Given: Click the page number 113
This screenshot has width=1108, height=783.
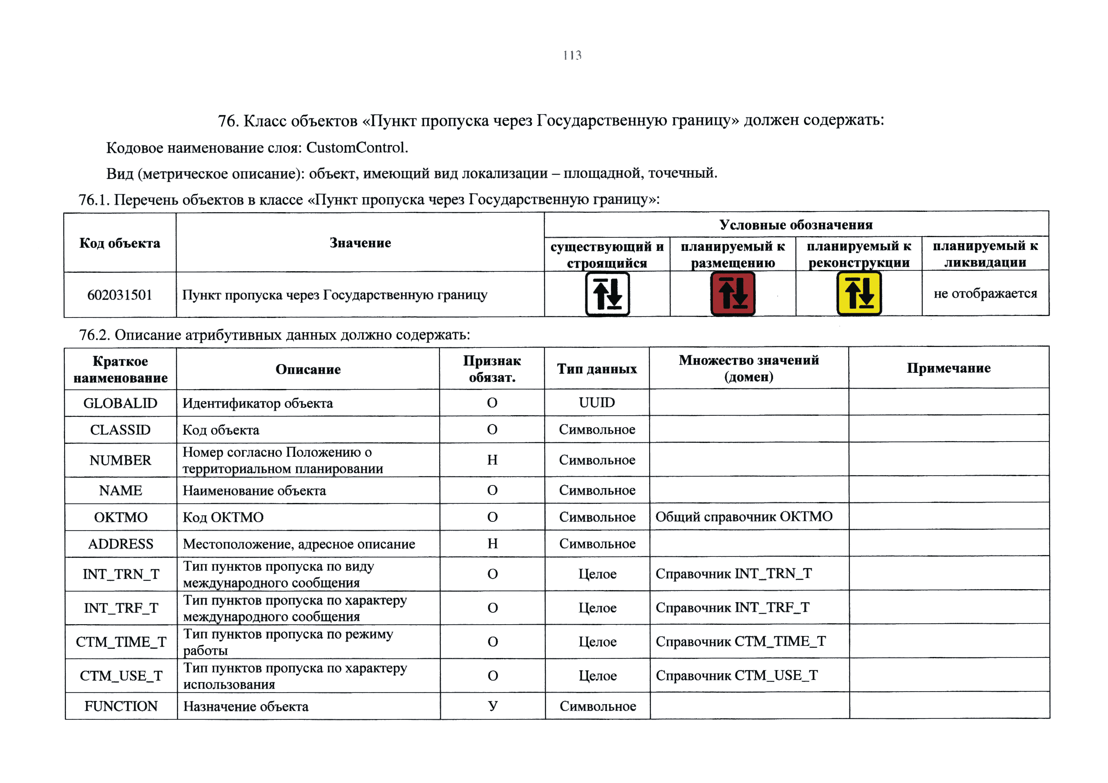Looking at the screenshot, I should pyautogui.click(x=572, y=56).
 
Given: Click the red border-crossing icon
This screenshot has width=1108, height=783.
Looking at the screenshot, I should pyautogui.click(x=732, y=294).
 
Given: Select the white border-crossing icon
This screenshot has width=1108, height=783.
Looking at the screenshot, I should pyautogui.click(x=607, y=294).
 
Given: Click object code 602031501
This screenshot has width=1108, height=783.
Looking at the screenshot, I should pyautogui.click(x=120, y=295).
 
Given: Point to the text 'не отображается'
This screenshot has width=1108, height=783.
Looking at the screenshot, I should pyautogui.click(x=985, y=293).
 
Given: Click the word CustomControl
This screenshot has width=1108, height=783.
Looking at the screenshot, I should pyautogui.click(x=357, y=148).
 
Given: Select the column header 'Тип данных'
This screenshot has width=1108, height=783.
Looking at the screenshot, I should pyautogui.click(x=597, y=369).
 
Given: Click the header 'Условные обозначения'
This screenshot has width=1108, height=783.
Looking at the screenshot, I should pyautogui.click(x=796, y=225).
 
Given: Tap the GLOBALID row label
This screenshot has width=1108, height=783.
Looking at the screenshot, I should pyautogui.click(x=120, y=403).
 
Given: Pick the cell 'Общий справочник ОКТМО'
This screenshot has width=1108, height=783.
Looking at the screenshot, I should pyautogui.click(x=744, y=517).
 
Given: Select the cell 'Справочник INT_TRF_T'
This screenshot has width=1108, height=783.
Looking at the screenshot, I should pyautogui.click(x=732, y=607).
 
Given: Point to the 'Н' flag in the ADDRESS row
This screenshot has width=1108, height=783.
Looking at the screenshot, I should pyautogui.click(x=492, y=544).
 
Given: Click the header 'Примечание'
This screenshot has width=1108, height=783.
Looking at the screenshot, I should pyautogui.click(x=948, y=368).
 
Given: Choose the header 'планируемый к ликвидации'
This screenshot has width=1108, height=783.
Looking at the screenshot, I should pyautogui.click(x=985, y=254).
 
